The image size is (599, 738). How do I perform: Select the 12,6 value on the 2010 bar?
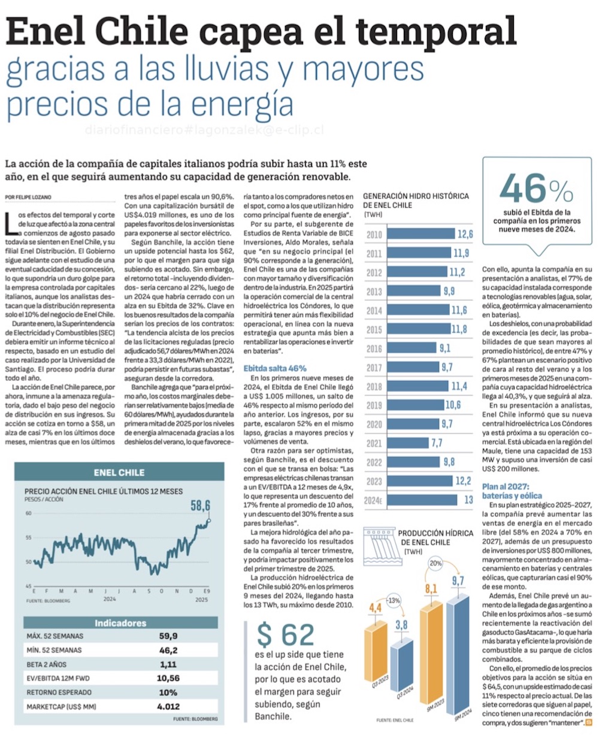[x=465, y=234]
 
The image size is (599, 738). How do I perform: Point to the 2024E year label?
[x=373, y=500]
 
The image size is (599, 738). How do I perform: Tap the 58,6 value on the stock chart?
[x=201, y=506]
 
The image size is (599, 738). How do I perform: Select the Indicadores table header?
[x=120, y=623]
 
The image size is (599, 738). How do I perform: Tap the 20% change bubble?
[x=435, y=564]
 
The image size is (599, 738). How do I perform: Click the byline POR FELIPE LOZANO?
[x=31, y=196]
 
